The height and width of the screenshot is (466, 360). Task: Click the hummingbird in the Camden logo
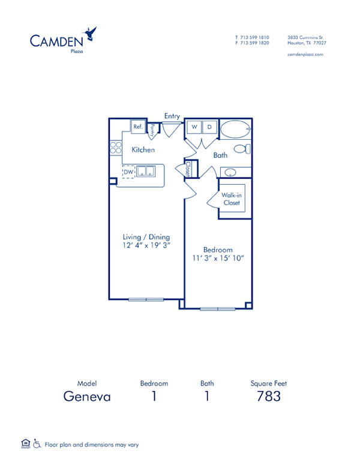pos(91,33)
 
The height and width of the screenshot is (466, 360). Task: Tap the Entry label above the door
pos(172,116)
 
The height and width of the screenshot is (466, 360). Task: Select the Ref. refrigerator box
pos(138,127)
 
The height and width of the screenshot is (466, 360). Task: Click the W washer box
pos(194,127)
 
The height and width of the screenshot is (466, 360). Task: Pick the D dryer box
pos(209,127)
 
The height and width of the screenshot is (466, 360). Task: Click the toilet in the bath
pos(242,149)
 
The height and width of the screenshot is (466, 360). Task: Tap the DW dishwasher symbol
pos(128,172)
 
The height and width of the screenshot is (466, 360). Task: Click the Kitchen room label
pos(143,150)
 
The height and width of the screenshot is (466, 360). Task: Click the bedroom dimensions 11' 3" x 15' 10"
pos(217,258)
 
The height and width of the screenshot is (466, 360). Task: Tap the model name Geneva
pos(87,396)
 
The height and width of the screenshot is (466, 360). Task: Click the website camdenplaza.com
pos(306,54)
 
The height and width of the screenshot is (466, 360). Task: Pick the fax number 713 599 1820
pos(255,43)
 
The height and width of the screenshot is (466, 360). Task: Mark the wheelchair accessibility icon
pos(37,444)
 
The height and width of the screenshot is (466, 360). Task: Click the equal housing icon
pos(25,444)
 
